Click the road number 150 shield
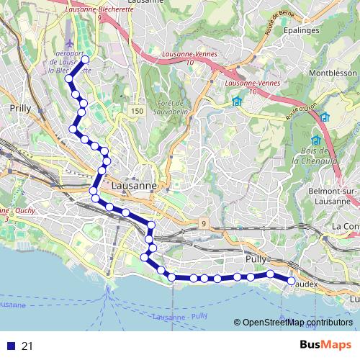(x=138, y=110)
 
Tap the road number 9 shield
(x=204, y=223)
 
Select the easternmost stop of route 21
(x=292, y=280)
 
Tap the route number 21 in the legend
(x=27, y=346)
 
